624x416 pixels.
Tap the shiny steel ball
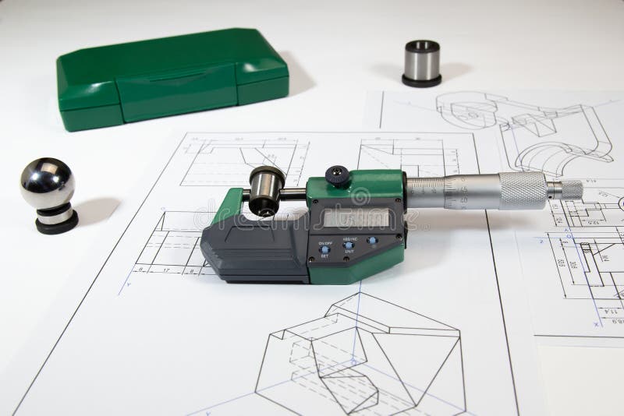pos(47,183)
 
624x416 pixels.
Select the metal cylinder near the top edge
pos(421,62)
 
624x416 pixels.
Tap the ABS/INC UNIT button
pos(348,245)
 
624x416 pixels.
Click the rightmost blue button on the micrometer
pos(373,241)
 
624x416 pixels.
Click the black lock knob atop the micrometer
pos(337,175)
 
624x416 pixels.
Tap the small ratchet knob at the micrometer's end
pos(570,189)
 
